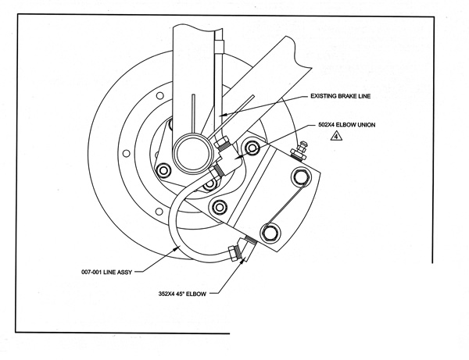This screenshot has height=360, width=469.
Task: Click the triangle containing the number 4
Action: (x=334, y=136)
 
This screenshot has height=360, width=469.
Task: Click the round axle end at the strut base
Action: (x=190, y=151)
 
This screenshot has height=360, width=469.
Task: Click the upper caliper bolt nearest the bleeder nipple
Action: (x=299, y=176)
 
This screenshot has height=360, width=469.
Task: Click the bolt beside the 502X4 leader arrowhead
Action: (x=252, y=147)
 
